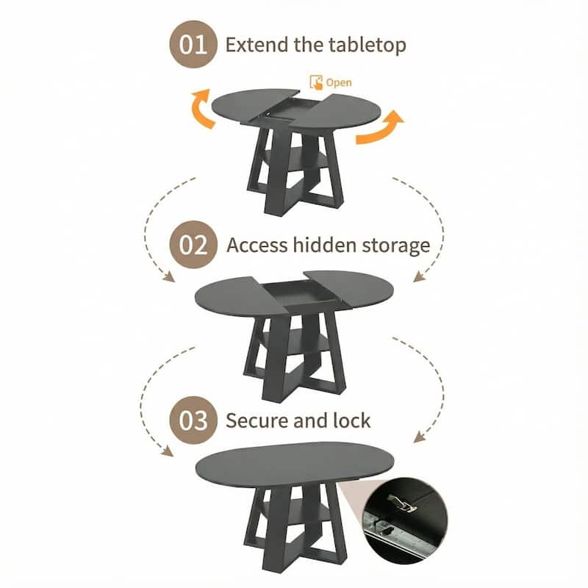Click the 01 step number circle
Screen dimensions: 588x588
(x=195, y=44)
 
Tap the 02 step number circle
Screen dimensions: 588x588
(x=195, y=244)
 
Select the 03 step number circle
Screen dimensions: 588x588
(x=195, y=420)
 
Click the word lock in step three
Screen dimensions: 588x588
(x=351, y=420)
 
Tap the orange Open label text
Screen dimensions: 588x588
(x=339, y=82)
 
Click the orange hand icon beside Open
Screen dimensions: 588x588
(x=316, y=82)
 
